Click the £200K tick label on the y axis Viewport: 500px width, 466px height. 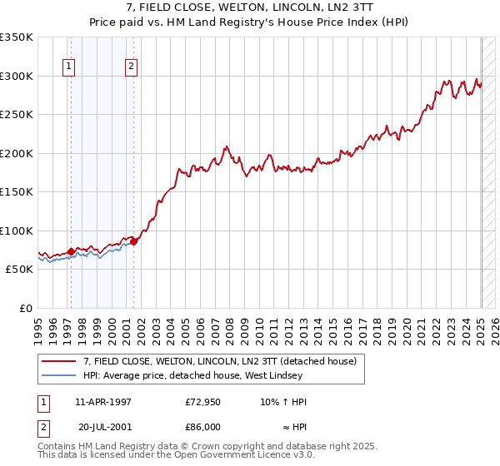point(16,153)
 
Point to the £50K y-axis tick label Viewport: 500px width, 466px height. point(19,270)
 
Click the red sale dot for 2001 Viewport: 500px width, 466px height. point(134,242)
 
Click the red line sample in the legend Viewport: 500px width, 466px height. point(59,361)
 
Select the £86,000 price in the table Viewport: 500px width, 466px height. point(202,427)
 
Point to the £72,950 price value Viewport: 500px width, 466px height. point(202,402)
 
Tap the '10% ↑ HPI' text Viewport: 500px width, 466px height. point(283,402)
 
